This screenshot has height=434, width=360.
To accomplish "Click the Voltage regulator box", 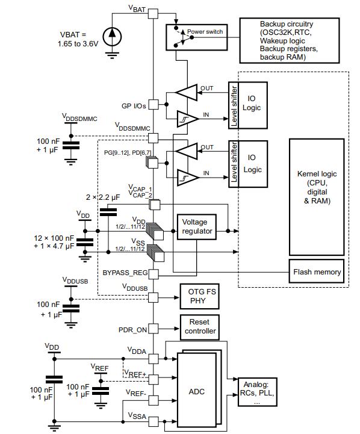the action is pos(197,227).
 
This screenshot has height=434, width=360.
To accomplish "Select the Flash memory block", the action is pos(317,271).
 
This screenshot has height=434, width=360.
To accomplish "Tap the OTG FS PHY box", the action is pos(199,296).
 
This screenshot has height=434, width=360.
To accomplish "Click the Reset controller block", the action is pos(199,327).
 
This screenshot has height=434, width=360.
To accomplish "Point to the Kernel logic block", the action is pos(317,197).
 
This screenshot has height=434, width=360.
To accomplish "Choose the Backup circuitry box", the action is pos(289,40).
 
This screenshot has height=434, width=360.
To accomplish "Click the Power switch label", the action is pos(205,31).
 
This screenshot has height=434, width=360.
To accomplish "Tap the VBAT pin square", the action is pos(154,14).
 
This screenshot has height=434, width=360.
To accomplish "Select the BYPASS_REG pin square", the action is pos(154,274).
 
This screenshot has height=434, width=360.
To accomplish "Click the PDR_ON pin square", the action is pos(154,329).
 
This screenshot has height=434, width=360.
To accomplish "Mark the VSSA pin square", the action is pos(154,421).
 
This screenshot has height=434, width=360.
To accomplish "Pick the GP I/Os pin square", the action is pos(154,105).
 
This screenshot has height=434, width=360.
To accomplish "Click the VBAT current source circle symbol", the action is pos(112,37).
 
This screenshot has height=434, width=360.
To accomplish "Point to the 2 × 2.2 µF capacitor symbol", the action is pos(108,212).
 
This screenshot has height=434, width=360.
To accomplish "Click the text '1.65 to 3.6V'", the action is pos(78,44).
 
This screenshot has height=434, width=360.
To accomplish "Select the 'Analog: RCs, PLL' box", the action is pos(257,392).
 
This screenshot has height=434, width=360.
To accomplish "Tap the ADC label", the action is pos(196,391).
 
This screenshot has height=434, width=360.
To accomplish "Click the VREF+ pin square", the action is pos(154,379).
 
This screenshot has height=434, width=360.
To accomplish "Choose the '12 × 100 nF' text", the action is pos(54,238).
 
